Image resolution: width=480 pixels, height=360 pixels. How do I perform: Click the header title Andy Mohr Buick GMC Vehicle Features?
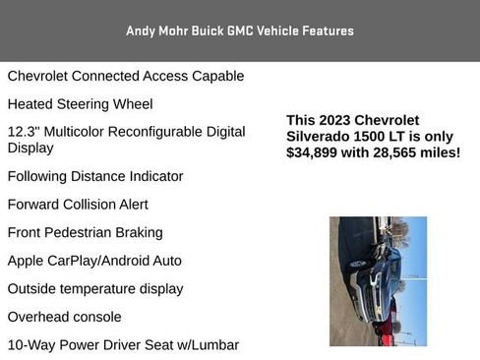[240, 30]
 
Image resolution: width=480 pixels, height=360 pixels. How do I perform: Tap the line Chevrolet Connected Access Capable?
[126, 76]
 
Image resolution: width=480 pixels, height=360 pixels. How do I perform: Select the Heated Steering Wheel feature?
[80, 103]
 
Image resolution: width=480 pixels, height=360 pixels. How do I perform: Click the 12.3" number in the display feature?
[24, 131]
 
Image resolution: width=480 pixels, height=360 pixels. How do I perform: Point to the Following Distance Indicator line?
[95, 176]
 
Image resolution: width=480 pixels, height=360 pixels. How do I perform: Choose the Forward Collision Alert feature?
[78, 205]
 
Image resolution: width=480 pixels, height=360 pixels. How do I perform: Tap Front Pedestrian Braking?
[85, 233]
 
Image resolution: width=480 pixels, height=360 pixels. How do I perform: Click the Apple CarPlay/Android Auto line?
[94, 261]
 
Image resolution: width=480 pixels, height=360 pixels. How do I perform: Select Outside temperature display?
[95, 289]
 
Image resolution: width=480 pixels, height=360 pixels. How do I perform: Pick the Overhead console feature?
[65, 317]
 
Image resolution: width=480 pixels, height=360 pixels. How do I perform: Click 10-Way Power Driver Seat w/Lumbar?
[123, 345]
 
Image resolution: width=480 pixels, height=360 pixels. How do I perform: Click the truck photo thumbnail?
[378, 281]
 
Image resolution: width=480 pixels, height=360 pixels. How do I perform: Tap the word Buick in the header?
[207, 30]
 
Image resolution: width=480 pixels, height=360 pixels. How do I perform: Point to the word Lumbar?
[215, 345]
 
